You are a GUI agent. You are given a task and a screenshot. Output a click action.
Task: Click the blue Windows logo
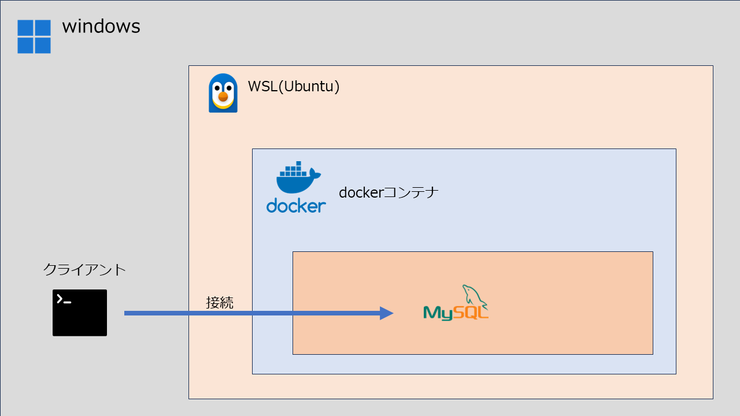[x=34, y=36]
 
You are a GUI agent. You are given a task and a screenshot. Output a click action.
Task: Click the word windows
[x=101, y=26]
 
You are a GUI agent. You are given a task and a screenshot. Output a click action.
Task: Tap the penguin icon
[x=223, y=93]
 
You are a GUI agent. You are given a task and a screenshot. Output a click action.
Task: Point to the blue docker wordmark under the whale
[x=296, y=206]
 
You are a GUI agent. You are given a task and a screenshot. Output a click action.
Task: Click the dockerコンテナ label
[x=388, y=192]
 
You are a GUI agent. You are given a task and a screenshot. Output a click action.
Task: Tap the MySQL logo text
[x=456, y=313]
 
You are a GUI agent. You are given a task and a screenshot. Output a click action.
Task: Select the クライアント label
[x=84, y=269]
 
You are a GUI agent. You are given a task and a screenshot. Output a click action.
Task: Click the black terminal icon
[x=80, y=313]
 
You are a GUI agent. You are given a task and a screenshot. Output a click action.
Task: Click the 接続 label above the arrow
[x=220, y=302]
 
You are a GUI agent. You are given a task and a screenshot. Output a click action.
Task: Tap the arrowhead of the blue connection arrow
[x=386, y=313]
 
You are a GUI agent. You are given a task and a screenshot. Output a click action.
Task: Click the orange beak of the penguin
[x=223, y=97]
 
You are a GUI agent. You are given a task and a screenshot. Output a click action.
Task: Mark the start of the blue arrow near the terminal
[x=127, y=313]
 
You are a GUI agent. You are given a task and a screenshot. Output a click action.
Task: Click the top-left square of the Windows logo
[x=25, y=28]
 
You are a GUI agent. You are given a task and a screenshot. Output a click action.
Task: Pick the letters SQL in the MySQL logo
[x=473, y=313]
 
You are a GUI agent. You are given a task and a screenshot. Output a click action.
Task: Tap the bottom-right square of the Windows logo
[x=43, y=45]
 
